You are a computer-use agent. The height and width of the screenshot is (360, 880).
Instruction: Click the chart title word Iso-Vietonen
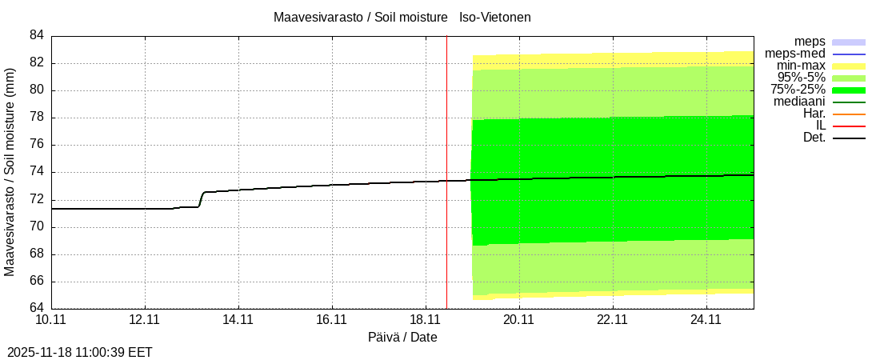[495, 17]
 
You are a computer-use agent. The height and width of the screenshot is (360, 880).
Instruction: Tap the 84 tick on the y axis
[37, 35]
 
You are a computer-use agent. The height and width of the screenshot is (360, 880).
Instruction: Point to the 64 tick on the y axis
[37, 309]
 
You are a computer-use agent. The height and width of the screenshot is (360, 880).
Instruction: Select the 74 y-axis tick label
[37, 172]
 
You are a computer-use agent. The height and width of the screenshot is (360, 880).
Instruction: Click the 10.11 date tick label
[51, 320]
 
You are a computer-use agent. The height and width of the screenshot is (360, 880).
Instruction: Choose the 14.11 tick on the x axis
[238, 320]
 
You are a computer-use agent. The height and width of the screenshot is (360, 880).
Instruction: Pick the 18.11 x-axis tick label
[426, 320]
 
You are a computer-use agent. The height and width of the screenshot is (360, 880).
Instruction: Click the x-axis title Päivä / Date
[402, 337]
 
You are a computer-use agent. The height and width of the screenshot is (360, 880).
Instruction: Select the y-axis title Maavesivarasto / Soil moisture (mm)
[10, 172]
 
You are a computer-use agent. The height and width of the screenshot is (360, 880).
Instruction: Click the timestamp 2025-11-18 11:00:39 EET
[80, 352]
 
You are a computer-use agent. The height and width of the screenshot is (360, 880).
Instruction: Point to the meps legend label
[810, 42]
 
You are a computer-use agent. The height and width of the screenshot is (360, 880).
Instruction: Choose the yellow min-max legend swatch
[849, 66]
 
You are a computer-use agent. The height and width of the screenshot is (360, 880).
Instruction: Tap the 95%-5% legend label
[802, 78]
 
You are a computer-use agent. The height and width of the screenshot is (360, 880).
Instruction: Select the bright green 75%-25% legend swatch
[849, 90]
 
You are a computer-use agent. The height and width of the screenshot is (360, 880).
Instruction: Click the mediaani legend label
[799, 102]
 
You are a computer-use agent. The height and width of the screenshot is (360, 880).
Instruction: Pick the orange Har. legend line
[849, 114]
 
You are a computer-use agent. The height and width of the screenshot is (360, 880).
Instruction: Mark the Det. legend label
[814, 138]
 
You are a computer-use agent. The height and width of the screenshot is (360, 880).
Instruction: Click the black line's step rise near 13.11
[201, 199]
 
